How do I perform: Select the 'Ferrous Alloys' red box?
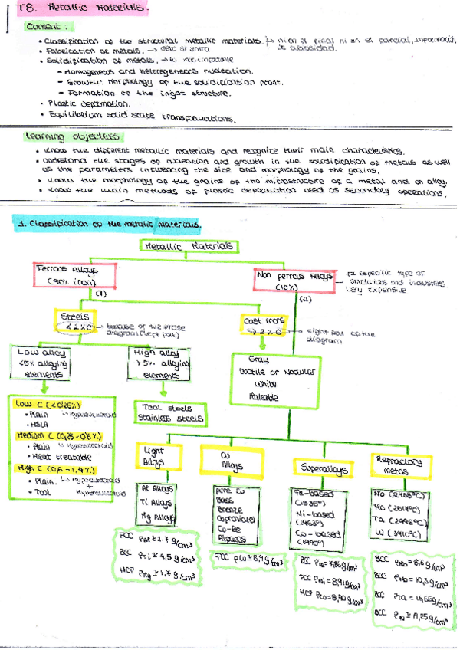(x=74, y=276)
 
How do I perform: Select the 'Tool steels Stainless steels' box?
(x=170, y=413)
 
